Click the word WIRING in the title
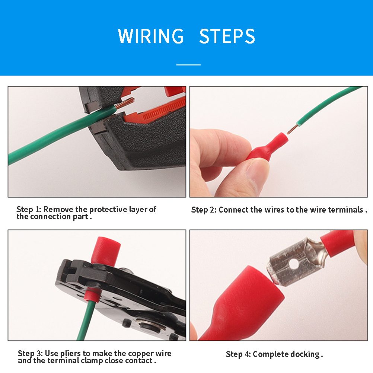pyautogui.click(x=151, y=36)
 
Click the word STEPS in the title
pyautogui.click(x=227, y=36)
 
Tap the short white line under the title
pyautogui.click(x=188, y=65)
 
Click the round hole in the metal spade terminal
pyautogui.click(x=294, y=264)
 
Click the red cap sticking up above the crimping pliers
pyautogui.click(x=106, y=251)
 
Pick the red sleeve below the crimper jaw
pyautogui.click(x=93, y=295)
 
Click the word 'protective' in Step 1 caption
pyautogui.click(x=108, y=210)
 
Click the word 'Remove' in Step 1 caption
pyautogui.click(x=58, y=209)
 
